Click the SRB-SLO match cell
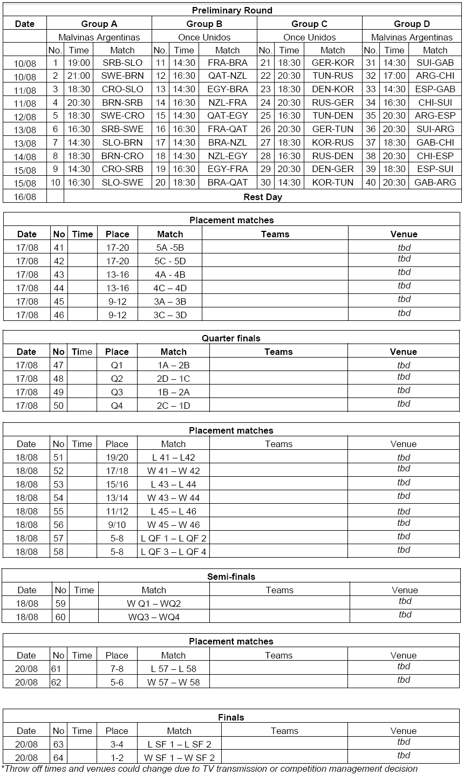tap(122, 63)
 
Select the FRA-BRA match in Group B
tap(227, 63)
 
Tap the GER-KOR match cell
tap(332, 63)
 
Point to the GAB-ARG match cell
tap(435, 182)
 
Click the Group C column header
tap(309, 24)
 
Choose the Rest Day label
tap(263, 196)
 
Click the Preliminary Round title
tap(232, 10)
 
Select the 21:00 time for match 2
tap(79, 76)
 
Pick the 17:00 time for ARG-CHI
tap(394, 76)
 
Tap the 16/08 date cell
tap(25, 197)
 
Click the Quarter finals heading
tap(231, 338)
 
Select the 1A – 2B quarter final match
tap(173, 365)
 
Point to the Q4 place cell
tap(117, 406)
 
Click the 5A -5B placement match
tap(170, 248)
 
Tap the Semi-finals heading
tap(231, 577)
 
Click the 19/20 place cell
tap(117, 457)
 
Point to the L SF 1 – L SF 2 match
tap(179, 744)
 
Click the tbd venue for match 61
tap(404, 667)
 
